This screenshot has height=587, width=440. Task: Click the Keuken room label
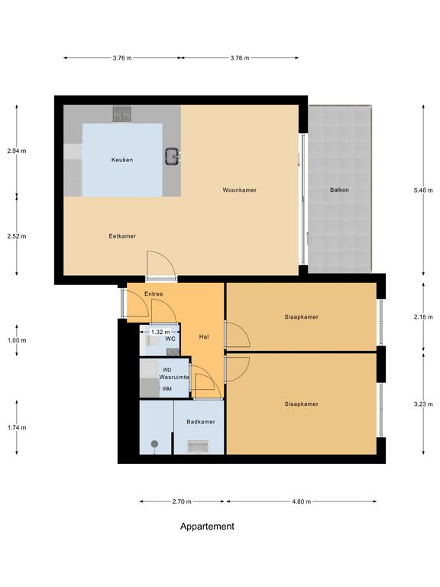click(122, 160)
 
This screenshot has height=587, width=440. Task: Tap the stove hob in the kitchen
click(122, 114)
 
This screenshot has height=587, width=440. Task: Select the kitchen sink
click(172, 157)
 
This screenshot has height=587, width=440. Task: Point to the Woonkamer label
click(239, 190)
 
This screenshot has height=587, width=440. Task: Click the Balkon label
click(339, 190)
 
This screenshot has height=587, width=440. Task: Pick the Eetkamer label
click(122, 236)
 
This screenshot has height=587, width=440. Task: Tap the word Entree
click(154, 293)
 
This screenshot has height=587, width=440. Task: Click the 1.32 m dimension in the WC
click(160, 332)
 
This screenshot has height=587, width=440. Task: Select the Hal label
click(204, 337)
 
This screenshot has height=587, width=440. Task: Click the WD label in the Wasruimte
click(167, 370)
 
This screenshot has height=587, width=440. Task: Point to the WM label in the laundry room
click(167, 389)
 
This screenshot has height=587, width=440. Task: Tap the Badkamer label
click(201, 422)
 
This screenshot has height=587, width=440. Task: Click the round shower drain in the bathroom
click(154, 444)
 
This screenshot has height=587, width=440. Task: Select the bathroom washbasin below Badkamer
click(199, 447)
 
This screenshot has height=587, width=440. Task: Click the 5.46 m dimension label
click(423, 190)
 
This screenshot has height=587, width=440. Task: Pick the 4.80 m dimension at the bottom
click(302, 501)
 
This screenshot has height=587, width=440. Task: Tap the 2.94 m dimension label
click(17, 151)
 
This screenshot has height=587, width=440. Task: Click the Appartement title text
click(207, 527)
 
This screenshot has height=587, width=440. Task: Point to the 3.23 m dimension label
click(423, 404)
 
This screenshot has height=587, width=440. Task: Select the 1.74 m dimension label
click(17, 427)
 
